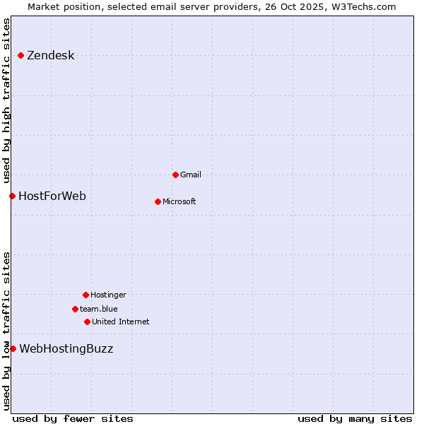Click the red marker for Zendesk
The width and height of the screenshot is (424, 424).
(21, 55)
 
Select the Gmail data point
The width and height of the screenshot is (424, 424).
(175, 175)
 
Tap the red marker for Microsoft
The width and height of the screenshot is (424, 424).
(158, 201)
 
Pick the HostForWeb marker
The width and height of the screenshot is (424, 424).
(12, 196)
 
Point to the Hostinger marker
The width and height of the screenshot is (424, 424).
(86, 295)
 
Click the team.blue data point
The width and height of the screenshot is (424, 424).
(75, 309)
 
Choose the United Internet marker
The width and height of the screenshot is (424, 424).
(87, 322)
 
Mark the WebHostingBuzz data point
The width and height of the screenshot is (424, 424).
(13, 348)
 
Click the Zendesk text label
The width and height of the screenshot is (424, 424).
(50, 56)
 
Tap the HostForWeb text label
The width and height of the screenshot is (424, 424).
(52, 196)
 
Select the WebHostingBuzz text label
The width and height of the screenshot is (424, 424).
(66, 349)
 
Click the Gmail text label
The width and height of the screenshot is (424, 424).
(191, 175)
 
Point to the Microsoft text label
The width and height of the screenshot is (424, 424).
(179, 202)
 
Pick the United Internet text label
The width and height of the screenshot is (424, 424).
(121, 322)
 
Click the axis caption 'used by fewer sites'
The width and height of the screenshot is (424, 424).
(73, 418)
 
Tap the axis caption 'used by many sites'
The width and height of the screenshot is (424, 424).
(355, 418)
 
